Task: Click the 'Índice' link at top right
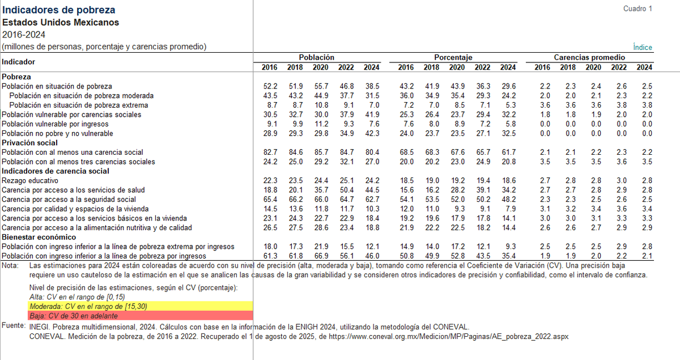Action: coord(643,48)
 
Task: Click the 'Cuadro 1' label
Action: coord(638,9)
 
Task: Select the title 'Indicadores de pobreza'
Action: coord(59,10)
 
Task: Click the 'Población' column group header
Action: coord(316,57)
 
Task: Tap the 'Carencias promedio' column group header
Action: coord(589,57)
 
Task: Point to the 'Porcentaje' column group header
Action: coord(453,57)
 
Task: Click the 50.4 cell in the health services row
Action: coord(346,190)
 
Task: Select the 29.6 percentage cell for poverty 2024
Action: coord(508,86)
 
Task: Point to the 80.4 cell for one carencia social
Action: coord(371,152)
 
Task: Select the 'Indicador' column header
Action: coord(18,61)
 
